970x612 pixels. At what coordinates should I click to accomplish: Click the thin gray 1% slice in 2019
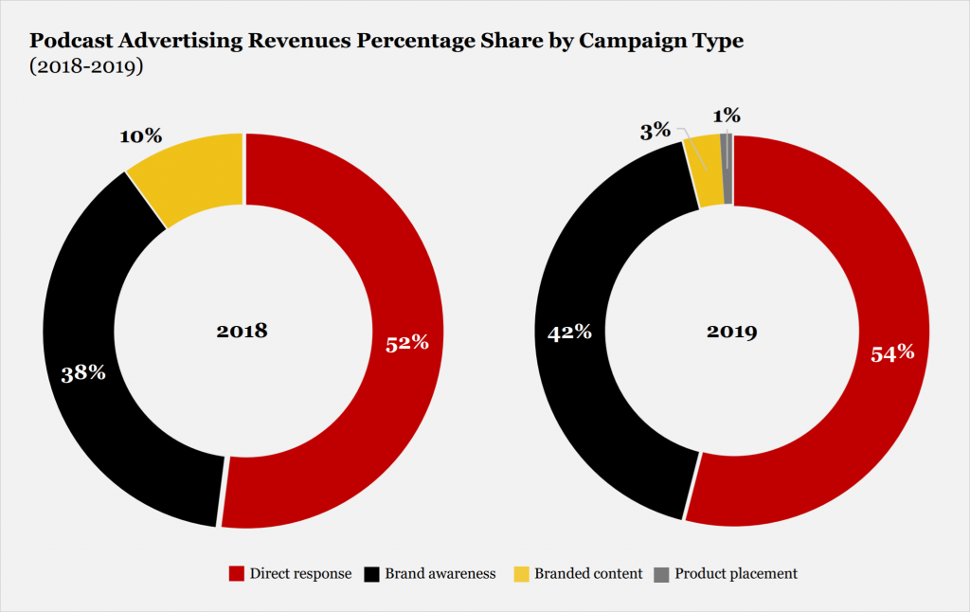(x=727, y=169)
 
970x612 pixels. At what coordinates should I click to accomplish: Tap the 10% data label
(x=139, y=136)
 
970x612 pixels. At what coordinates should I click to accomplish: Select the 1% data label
(x=727, y=116)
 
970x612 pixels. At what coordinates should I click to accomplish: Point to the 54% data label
(x=892, y=352)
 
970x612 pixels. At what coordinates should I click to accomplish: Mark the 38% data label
(x=83, y=372)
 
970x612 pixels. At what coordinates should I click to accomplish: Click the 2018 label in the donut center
(x=242, y=331)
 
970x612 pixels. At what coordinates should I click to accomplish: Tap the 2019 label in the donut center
(x=731, y=332)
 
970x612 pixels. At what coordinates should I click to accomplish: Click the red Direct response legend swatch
(x=237, y=574)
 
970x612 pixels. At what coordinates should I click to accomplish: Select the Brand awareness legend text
(x=441, y=574)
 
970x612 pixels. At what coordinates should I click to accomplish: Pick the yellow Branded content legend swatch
(x=520, y=574)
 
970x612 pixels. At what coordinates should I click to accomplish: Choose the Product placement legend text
(x=736, y=574)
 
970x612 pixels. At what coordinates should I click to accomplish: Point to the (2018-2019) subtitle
(x=86, y=67)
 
